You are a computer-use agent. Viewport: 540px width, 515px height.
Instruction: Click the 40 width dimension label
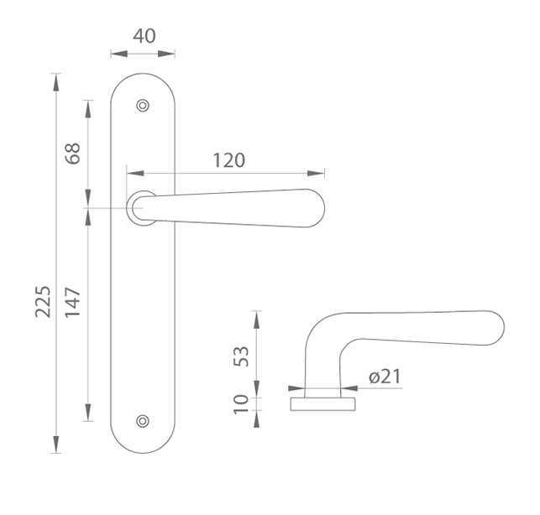[144, 36]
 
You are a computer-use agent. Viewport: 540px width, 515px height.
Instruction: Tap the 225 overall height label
[44, 301]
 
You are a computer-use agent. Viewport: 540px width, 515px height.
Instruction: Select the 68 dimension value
[73, 153]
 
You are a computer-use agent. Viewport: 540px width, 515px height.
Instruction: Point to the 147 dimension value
[73, 302]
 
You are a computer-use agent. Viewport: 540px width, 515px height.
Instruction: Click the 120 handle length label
[229, 160]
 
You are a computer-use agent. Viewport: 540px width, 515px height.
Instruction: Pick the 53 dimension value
[241, 356]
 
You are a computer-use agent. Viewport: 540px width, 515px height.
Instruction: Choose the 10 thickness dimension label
[241, 404]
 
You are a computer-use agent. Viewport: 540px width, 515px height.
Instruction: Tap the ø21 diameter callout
[385, 377]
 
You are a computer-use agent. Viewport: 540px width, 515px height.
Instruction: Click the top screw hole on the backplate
[143, 106]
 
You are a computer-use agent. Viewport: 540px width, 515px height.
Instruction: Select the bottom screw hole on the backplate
[143, 421]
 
